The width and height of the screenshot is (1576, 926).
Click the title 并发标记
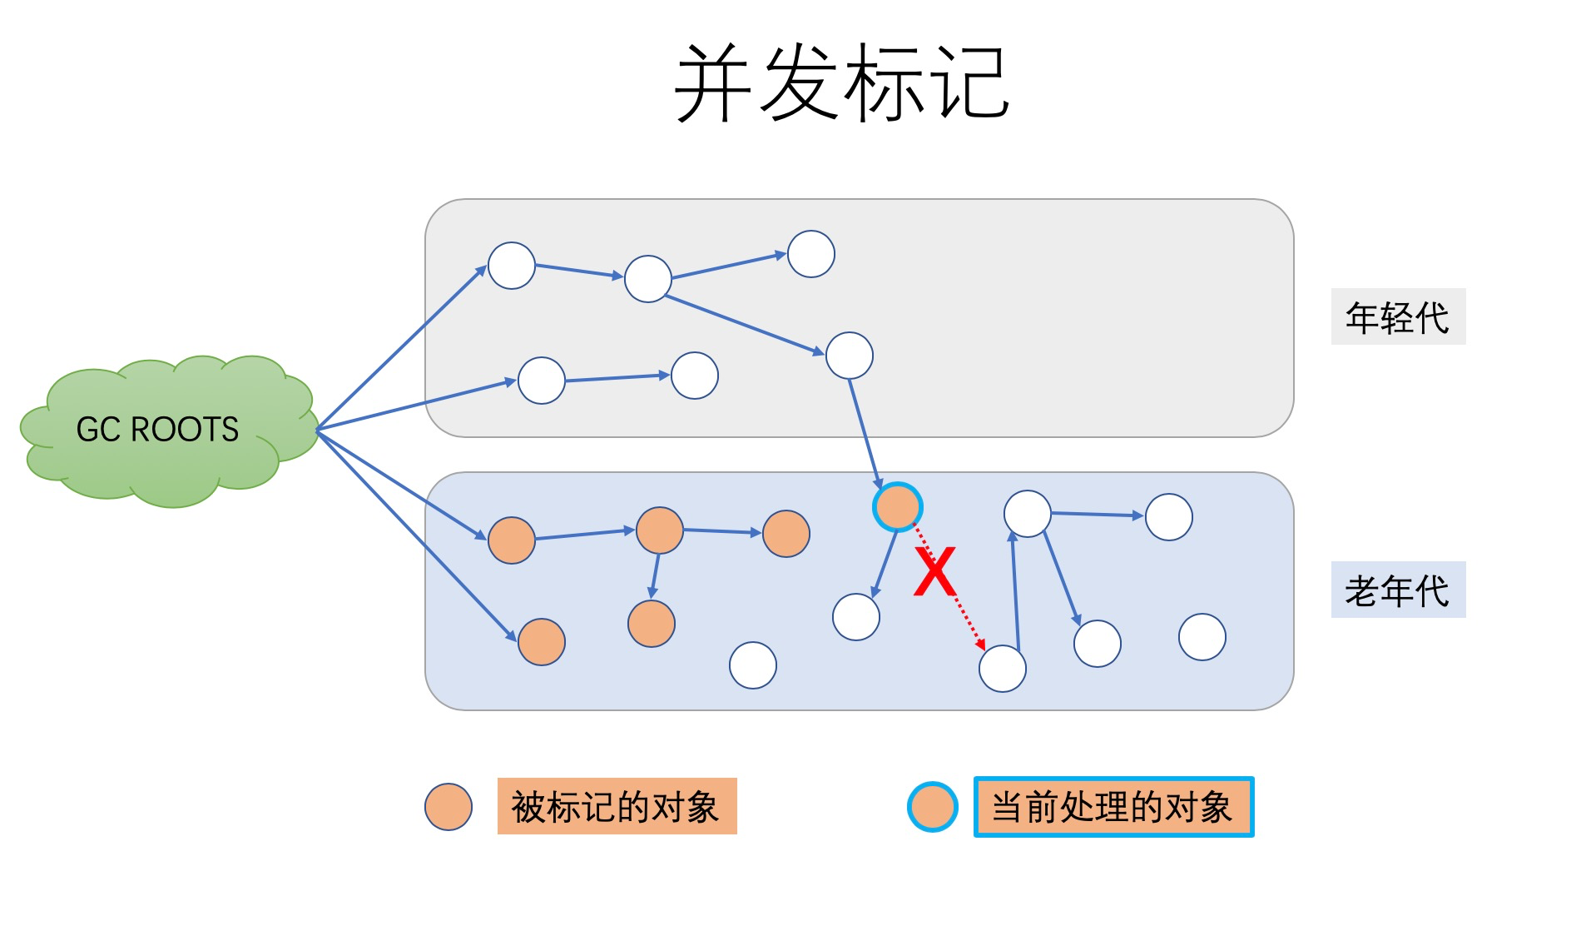(x=841, y=83)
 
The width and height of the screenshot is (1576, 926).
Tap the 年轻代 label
(x=1398, y=316)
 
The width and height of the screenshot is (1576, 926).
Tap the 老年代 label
(x=1398, y=590)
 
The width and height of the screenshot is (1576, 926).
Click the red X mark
(x=934, y=572)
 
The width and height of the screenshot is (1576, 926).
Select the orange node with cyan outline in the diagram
(x=898, y=506)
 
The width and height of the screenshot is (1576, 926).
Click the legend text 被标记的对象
(x=617, y=806)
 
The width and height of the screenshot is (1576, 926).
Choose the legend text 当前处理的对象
(x=1113, y=806)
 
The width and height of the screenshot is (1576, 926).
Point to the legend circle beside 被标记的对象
(x=449, y=806)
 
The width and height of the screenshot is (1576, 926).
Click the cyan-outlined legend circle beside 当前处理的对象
(x=933, y=806)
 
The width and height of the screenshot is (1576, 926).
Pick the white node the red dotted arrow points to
(x=1003, y=668)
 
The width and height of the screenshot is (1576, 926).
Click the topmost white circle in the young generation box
(x=811, y=254)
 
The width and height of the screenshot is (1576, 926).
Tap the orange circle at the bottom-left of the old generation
(x=542, y=641)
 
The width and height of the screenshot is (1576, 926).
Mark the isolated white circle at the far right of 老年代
(x=1202, y=637)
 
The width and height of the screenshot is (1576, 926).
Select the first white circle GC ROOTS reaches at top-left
(x=512, y=266)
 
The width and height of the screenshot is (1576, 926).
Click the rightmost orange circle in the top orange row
(x=786, y=534)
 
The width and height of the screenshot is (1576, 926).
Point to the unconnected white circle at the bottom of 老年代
(x=753, y=665)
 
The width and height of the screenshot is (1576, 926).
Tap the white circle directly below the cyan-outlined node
(x=856, y=617)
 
